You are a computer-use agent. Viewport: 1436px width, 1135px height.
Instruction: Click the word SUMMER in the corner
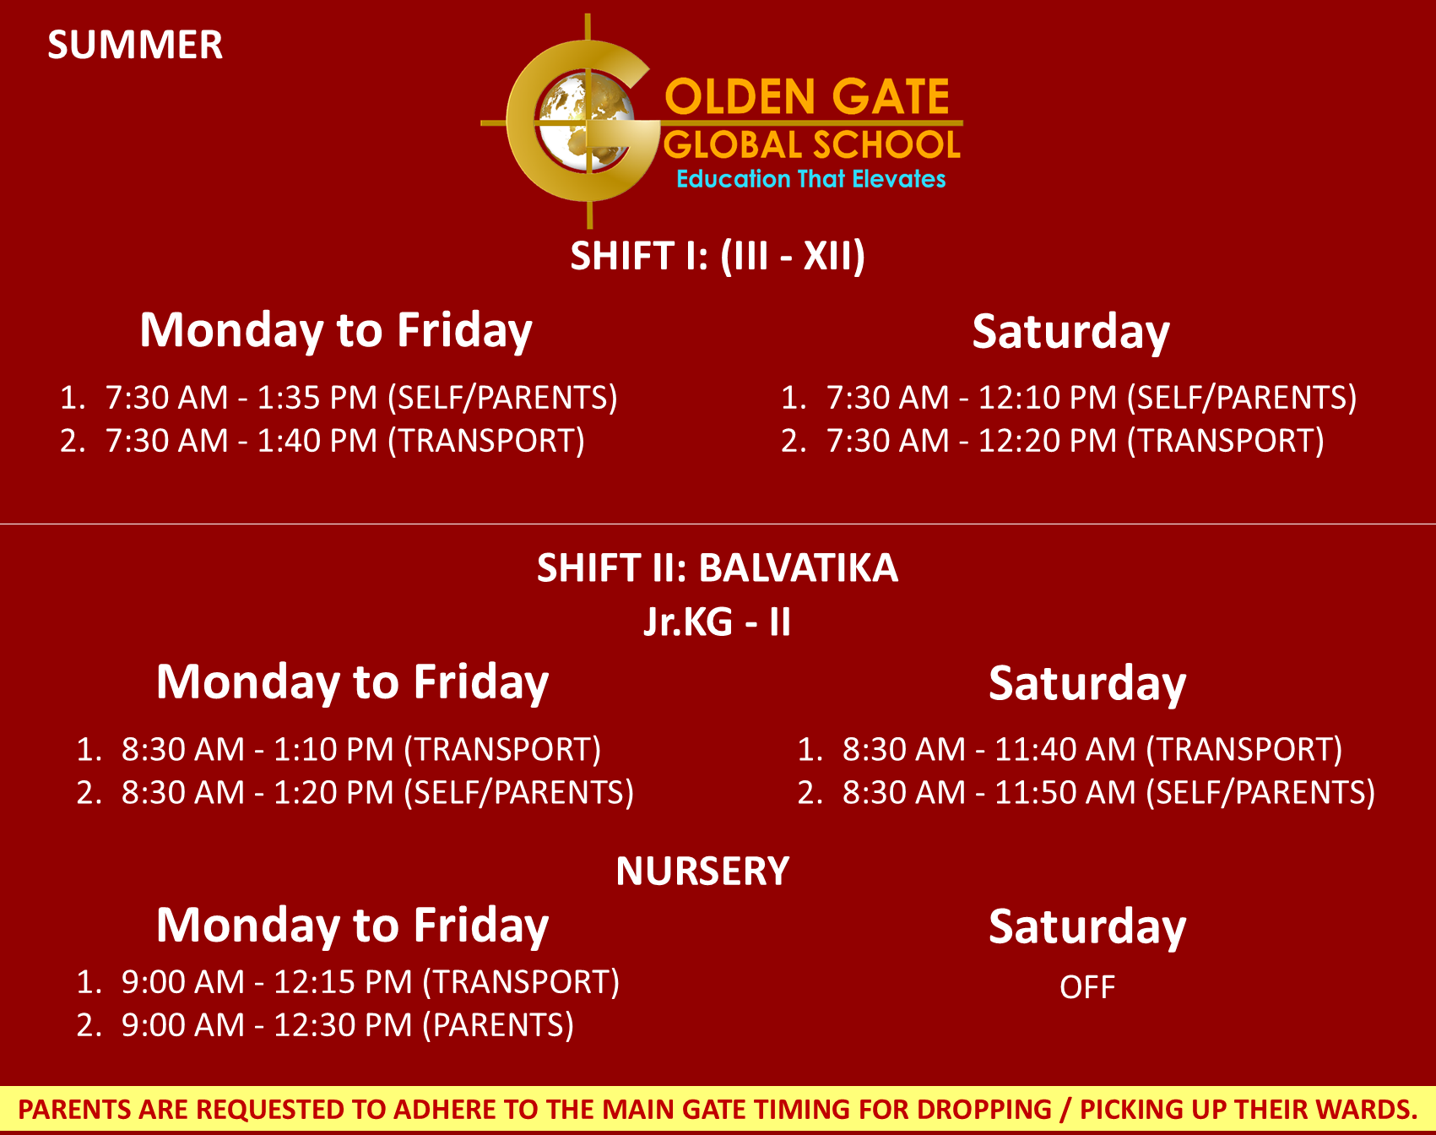pyautogui.click(x=135, y=45)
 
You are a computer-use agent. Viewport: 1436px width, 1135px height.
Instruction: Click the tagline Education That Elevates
pyautogui.click(x=810, y=179)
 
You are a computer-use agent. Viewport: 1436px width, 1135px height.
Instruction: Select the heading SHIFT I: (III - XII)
pyautogui.click(x=718, y=256)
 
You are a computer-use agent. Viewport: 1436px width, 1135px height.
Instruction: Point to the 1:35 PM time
pyautogui.click(x=317, y=398)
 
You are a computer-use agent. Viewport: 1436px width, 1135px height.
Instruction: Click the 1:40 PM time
pyautogui.click(x=317, y=441)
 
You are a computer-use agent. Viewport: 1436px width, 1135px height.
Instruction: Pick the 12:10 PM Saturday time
pyautogui.click(x=1047, y=398)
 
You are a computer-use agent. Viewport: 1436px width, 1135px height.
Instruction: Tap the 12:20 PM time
pyautogui.click(x=1047, y=441)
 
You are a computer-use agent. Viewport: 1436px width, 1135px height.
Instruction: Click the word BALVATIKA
pyautogui.click(x=799, y=567)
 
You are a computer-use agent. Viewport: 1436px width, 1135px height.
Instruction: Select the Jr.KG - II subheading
pyautogui.click(x=718, y=622)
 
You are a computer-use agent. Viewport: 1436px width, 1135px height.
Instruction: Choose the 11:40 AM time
pyautogui.click(x=1065, y=750)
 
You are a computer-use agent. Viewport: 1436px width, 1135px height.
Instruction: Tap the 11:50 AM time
pyautogui.click(x=1065, y=793)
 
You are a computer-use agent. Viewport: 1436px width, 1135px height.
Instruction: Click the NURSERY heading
pyautogui.click(x=702, y=872)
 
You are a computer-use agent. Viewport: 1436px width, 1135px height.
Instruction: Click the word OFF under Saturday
pyautogui.click(x=1087, y=987)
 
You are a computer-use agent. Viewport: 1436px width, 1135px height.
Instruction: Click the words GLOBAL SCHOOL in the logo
pyautogui.click(x=812, y=145)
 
